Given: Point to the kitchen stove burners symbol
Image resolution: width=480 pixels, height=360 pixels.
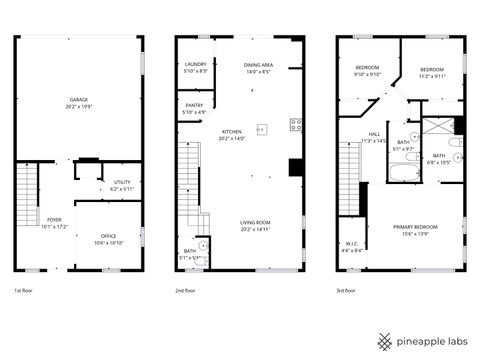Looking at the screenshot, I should [296, 125].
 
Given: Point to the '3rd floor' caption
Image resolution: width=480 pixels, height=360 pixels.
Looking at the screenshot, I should [349, 291].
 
